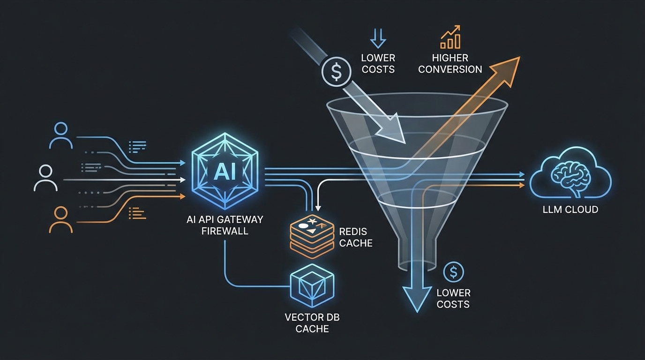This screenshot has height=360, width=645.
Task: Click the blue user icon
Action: (x=61, y=135)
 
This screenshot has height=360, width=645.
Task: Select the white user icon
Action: (x=45, y=178)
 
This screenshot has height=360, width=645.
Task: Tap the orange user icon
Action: (x=61, y=220)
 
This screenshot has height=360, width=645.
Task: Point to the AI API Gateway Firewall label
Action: (x=225, y=225)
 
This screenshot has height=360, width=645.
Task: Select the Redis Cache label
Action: (x=356, y=237)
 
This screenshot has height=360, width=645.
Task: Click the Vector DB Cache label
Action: (x=312, y=323)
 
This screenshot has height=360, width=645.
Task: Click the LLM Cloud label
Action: (x=570, y=210)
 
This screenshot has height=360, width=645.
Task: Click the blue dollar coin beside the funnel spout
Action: (x=453, y=272)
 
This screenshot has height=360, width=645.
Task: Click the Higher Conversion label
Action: (x=450, y=64)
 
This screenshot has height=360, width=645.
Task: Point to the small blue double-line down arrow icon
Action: (x=378, y=38)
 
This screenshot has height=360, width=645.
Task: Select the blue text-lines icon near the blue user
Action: (x=137, y=147)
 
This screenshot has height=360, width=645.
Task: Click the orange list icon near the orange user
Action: (x=137, y=213)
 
